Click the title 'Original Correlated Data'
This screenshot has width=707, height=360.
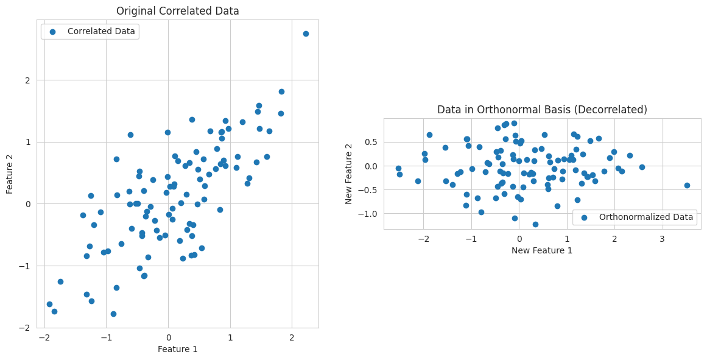tap(177, 11)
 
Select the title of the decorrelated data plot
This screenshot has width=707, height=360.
tap(542, 110)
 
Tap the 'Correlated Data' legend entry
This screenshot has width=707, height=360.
tap(101, 31)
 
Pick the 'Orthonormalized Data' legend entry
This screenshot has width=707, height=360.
tap(645, 217)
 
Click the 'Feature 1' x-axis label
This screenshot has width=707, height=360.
tap(177, 349)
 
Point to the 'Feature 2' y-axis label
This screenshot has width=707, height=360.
tap(10, 174)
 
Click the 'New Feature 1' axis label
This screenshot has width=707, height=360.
tap(541, 250)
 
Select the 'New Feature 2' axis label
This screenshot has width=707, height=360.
tap(349, 174)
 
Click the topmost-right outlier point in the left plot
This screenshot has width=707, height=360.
tap(306, 34)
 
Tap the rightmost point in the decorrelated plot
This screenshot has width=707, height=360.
tap(687, 185)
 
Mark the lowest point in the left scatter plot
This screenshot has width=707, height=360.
tap(113, 314)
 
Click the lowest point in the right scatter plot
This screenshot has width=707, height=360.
tap(535, 224)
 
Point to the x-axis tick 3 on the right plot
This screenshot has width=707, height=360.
tap(662, 239)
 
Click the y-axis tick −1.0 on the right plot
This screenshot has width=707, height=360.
tap(370, 213)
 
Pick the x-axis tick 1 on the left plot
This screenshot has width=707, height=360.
tap(230, 337)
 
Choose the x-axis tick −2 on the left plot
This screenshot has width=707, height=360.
tap(44, 337)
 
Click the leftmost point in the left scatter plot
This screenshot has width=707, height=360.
tap(49, 304)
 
